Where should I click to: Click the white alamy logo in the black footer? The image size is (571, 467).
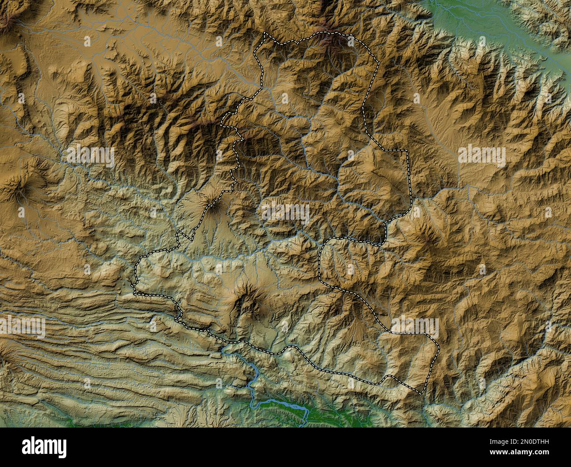(44, 447)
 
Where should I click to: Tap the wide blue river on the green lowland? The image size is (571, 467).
(281, 406)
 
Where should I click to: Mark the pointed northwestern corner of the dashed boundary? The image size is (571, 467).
(264, 33)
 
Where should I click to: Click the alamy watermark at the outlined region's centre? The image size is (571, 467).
(285, 214)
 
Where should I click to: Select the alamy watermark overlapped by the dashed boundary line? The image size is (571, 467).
(415, 327)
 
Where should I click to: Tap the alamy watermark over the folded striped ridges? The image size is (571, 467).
(22, 327)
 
